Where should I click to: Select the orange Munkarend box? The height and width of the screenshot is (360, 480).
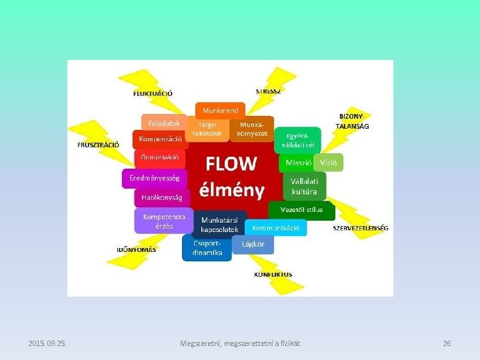tap(220, 109)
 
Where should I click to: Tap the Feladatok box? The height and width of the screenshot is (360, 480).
tap(164, 123)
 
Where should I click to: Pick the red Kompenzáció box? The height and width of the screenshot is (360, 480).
tap(160, 139)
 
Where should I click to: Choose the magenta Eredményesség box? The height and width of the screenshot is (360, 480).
tap(155, 178)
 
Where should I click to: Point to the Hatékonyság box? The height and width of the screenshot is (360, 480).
tap(162, 197)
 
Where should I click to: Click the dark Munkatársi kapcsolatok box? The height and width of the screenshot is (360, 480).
tap(219, 224)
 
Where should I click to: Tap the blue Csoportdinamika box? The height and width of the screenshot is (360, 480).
tap(207, 248)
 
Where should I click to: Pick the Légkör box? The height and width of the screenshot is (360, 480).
tap(253, 244)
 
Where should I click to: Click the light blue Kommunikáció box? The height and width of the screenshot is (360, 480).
tap(275, 227)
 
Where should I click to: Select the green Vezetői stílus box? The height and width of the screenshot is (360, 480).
tap(297, 209)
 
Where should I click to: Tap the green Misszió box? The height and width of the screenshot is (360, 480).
tap(298, 162)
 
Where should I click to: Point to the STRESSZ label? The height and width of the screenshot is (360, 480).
tap(268, 91)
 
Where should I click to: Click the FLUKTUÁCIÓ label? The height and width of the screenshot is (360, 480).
tap(153, 93)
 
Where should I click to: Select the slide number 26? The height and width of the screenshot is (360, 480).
tap(447, 343)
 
